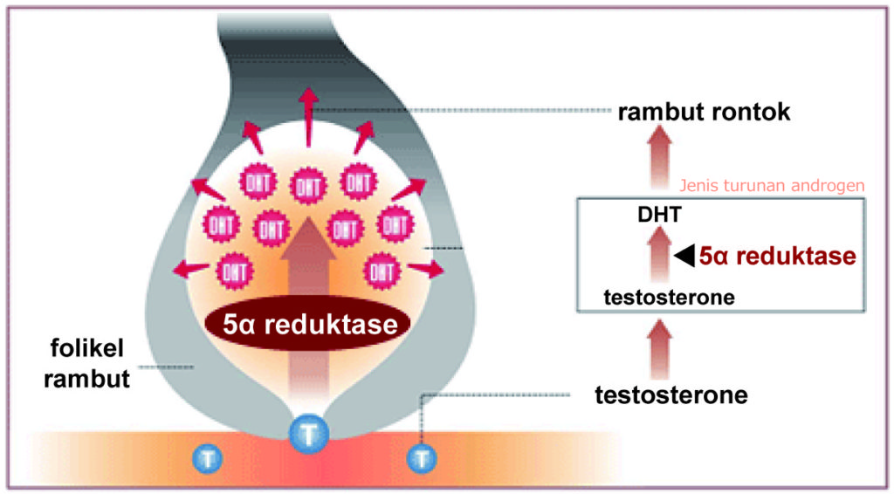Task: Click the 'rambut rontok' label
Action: [704, 113]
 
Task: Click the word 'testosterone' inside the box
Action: [669, 298]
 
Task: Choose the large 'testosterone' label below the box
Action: [670, 395]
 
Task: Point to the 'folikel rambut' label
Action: [87, 364]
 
